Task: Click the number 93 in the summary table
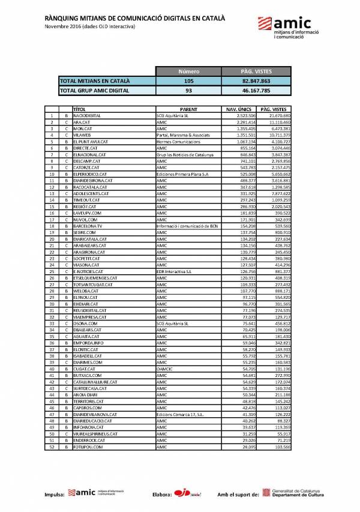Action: tap(189, 91)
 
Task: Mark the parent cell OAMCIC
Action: tap(164, 369)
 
